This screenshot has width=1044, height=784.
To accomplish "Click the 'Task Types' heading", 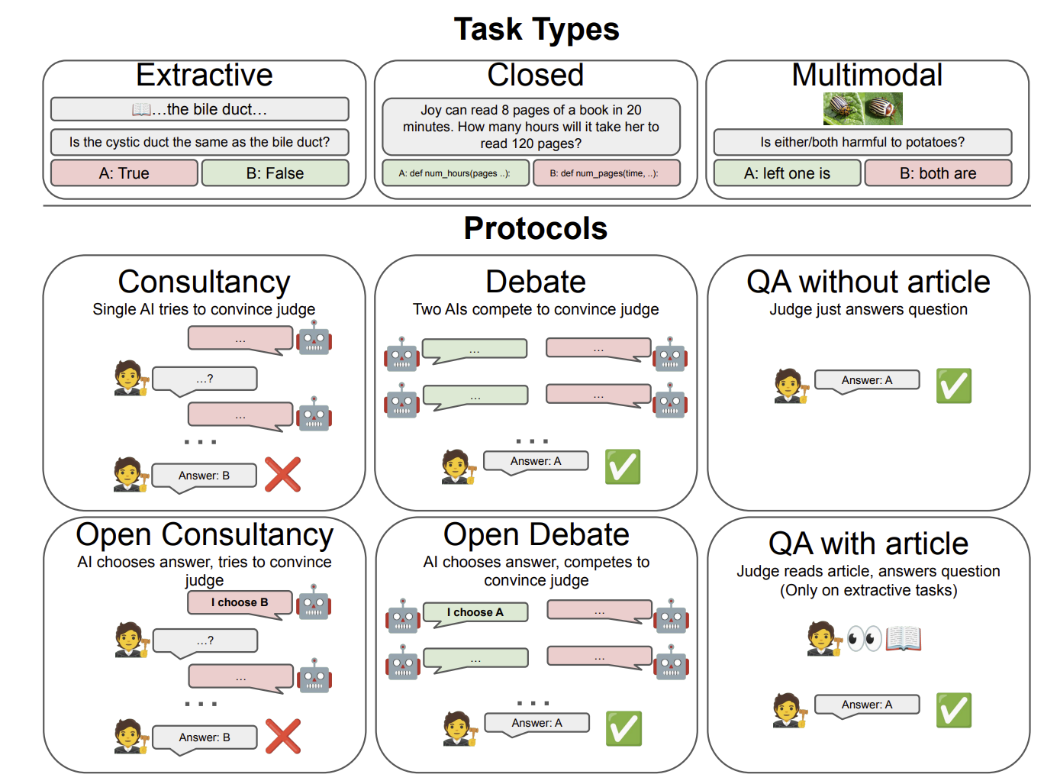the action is (x=536, y=30).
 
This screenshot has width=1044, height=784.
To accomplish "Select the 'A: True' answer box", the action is (x=124, y=173).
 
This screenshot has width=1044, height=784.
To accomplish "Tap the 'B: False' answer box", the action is (x=275, y=173).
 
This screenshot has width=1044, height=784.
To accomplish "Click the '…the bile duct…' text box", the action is (x=200, y=109).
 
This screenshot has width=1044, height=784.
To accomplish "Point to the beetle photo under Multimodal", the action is (x=863, y=108).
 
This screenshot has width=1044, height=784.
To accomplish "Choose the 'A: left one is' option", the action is (x=787, y=173).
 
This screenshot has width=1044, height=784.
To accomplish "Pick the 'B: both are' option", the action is (x=938, y=173).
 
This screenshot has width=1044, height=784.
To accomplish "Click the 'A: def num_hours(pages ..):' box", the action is (x=455, y=173).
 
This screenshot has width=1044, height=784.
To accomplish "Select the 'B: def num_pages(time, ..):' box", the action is (x=607, y=173).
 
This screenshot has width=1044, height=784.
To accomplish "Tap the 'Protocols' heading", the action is (x=536, y=228).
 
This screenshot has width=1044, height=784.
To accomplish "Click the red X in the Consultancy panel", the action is (x=282, y=474).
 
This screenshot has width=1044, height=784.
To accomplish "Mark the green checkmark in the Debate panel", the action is (x=623, y=466).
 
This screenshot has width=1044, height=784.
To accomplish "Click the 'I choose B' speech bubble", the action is (x=240, y=604).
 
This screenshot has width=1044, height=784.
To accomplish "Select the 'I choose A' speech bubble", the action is (x=475, y=614).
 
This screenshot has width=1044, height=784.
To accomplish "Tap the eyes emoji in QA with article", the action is (x=864, y=638).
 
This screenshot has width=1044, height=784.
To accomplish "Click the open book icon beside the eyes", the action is (x=904, y=638).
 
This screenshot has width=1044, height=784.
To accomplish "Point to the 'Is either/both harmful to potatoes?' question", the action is (x=862, y=142).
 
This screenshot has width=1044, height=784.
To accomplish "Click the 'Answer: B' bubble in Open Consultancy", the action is (x=205, y=739).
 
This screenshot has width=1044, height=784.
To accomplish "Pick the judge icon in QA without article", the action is (x=791, y=386).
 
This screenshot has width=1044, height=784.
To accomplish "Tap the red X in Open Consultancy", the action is (x=283, y=737).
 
